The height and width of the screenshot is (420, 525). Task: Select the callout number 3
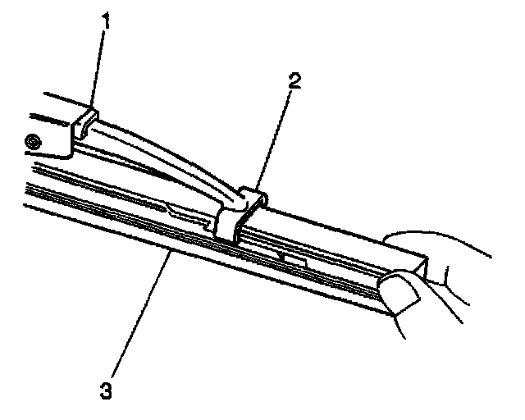tap(103, 388)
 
